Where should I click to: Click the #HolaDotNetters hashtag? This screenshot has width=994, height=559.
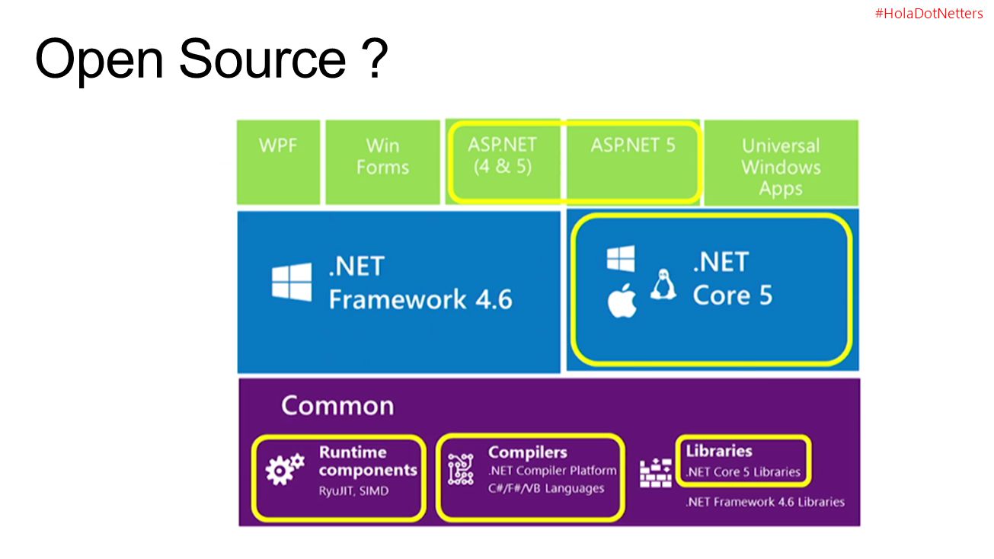click(x=928, y=14)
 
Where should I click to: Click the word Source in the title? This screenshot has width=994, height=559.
click(x=262, y=59)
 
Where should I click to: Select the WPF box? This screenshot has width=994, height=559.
click(x=278, y=162)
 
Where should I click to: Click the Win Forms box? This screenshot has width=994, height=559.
click(x=382, y=162)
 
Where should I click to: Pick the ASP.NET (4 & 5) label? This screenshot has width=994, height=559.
click(x=502, y=155)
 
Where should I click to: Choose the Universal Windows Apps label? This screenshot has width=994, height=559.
click(x=781, y=167)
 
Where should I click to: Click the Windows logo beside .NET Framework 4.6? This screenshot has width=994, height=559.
click(x=292, y=282)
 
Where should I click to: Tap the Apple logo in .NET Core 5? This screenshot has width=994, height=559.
click(x=622, y=301)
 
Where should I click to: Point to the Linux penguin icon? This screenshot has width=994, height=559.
click(x=663, y=284)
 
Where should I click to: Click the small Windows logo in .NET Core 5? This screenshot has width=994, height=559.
click(x=621, y=258)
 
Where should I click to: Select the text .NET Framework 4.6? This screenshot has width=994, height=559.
click(x=420, y=283)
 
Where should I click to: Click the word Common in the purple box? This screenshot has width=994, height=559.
click(x=337, y=405)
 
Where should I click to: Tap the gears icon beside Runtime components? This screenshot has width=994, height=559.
click(x=285, y=469)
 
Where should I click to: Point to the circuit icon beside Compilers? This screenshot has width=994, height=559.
click(x=461, y=469)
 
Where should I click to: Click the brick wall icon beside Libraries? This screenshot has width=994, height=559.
click(x=655, y=473)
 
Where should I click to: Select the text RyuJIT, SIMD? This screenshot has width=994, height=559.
click(x=353, y=491)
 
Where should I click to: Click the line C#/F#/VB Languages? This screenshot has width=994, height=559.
click(x=546, y=488)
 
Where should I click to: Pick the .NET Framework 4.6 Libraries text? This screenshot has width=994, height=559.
click(x=765, y=502)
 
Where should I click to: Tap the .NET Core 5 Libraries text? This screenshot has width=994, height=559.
click(x=743, y=471)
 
